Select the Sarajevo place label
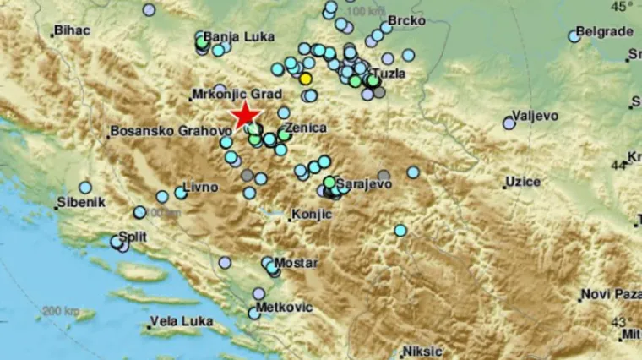(x=365, y=183)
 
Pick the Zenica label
(x=309, y=127)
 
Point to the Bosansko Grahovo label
(x=169, y=132)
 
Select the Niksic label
(x=422, y=350)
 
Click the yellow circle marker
(x=306, y=79)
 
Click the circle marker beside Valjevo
(x=509, y=123)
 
